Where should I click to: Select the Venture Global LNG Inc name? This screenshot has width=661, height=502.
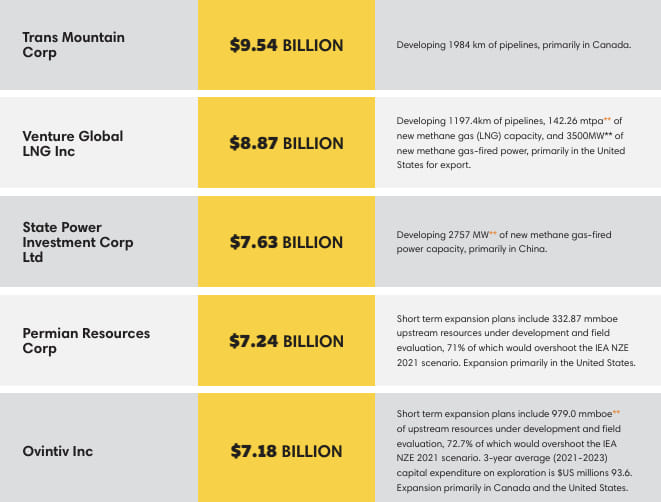pos(73,143)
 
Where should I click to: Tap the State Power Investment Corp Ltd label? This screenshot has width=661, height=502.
pos(78,242)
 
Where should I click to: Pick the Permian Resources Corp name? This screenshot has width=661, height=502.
pos(86,341)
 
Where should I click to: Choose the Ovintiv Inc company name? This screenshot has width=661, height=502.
pos(57,451)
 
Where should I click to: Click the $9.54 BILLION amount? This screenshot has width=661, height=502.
pos(286,45)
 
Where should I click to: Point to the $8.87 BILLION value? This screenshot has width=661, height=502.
pos(286,143)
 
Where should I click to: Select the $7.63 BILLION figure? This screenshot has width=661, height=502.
pos(286,242)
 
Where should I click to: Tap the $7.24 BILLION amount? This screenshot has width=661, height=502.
pos(286,341)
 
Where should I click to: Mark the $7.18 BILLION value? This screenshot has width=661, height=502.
pos(286,451)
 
